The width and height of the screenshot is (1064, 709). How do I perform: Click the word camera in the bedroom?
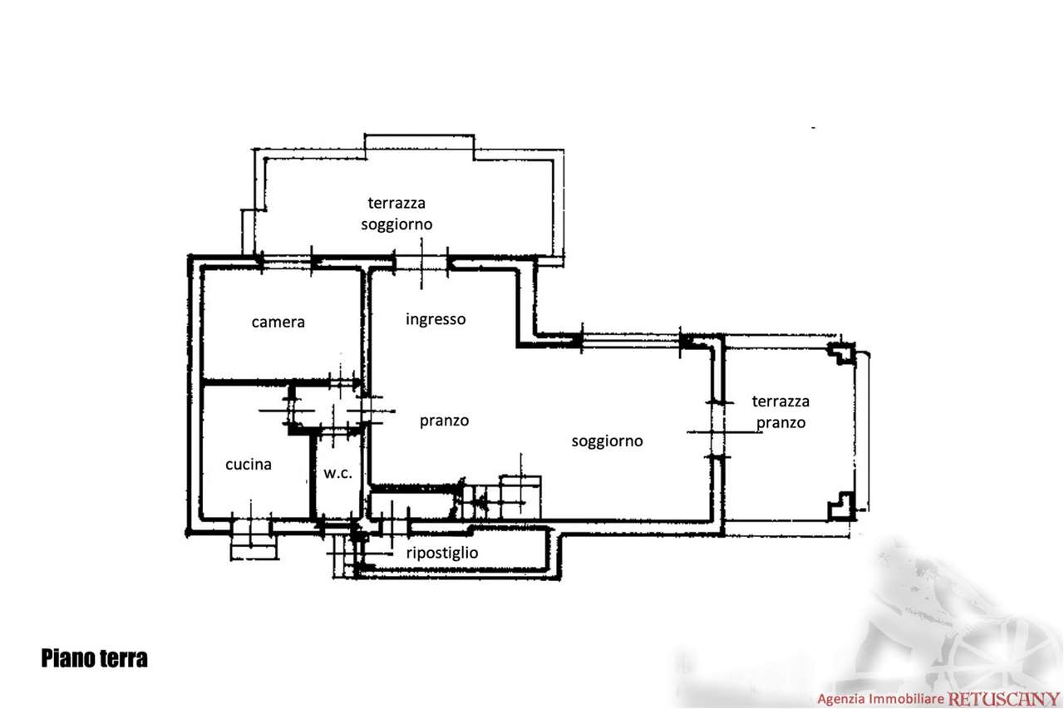click(278, 322)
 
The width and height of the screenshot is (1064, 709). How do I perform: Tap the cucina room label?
click(249, 464)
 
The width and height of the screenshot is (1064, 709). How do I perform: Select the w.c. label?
click(337, 473)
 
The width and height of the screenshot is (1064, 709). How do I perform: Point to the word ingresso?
click(436, 319)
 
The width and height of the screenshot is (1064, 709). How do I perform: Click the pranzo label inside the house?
click(444, 421)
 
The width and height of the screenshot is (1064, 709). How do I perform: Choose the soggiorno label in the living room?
click(607, 441)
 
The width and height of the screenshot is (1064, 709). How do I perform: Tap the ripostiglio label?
click(442, 553)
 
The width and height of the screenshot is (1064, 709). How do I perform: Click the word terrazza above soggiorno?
click(397, 204)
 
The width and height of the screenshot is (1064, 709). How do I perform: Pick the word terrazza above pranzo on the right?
click(781, 401)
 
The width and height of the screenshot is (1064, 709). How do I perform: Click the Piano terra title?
click(94, 658)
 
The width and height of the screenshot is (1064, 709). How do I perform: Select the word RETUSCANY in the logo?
click(1003, 699)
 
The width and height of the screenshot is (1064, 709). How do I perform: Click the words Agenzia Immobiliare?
click(880, 699)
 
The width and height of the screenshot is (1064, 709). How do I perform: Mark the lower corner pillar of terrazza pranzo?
click(841, 507)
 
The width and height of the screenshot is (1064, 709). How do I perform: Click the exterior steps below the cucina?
click(254, 540)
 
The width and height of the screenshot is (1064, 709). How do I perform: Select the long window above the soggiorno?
click(631, 341)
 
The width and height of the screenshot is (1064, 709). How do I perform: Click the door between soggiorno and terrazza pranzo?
click(717, 431)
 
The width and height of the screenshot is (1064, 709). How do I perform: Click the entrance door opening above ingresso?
click(421, 263)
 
